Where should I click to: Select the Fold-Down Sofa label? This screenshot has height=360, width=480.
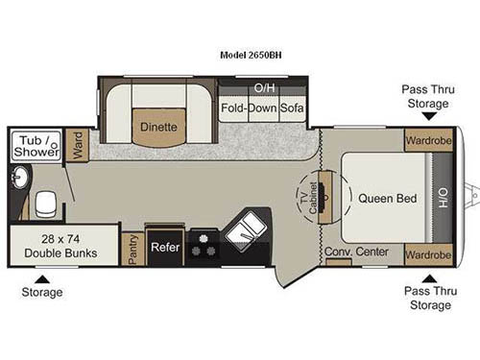(263, 108)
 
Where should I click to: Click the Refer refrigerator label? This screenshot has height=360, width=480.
(166, 247)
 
